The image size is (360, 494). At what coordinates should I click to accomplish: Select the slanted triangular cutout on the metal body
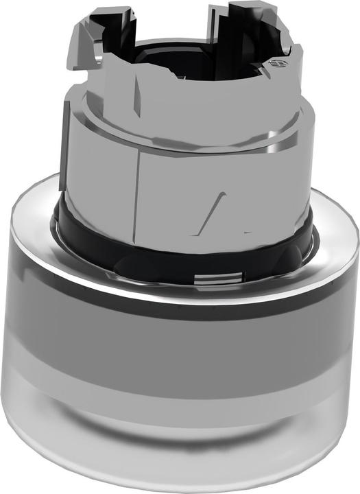coord(221,209)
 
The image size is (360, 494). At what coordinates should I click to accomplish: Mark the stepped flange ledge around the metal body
coord(185,144)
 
